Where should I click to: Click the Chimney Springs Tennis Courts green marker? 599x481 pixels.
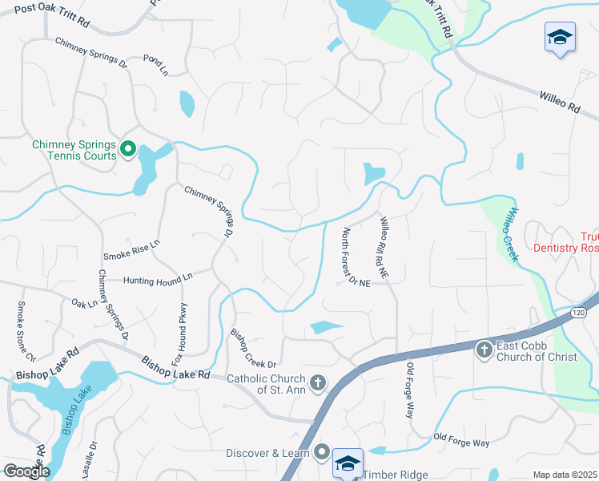[x=128, y=148]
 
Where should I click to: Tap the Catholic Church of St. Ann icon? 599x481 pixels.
[x=318, y=383]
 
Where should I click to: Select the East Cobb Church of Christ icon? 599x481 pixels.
[x=484, y=350]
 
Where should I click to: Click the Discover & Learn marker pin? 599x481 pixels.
[x=322, y=453]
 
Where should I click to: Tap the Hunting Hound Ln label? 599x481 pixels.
[x=158, y=279]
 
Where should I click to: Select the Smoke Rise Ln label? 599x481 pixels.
[x=131, y=249]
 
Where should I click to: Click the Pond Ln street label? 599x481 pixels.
[x=155, y=65]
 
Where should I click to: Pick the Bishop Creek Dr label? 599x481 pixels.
[x=252, y=346]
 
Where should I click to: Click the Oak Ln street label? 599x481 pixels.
[x=84, y=304]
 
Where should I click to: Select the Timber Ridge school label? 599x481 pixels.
[x=396, y=475]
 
